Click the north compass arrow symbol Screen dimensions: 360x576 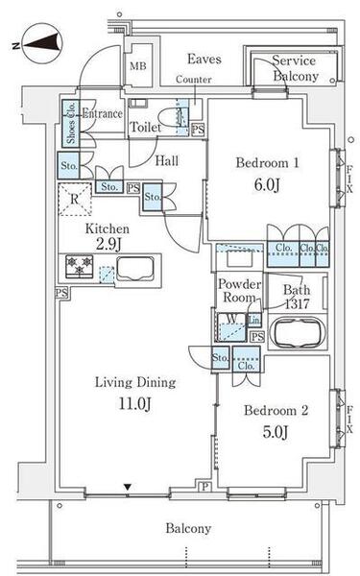[40, 42]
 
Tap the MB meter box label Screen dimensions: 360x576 [138, 66]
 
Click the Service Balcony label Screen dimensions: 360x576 [295, 68]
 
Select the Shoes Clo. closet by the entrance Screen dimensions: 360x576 [70, 123]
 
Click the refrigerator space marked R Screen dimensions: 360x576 [75, 199]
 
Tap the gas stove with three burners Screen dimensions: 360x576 [80, 266]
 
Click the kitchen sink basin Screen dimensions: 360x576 [135, 269]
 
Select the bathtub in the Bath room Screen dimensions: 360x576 [298, 332]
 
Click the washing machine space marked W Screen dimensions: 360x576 [231, 327]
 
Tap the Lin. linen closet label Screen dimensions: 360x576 [254, 321]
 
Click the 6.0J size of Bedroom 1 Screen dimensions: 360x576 [267, 184]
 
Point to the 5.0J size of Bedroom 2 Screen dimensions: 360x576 [276, 432]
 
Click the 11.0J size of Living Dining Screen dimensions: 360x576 [134, 403]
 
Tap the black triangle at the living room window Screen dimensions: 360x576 [128, 488]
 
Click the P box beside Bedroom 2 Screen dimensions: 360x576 [205, 487]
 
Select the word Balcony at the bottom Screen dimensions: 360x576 [188, 528]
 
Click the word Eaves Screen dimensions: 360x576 [204, 59]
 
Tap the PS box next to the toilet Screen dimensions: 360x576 [198, 130]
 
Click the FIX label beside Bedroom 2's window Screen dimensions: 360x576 [349, 420]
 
